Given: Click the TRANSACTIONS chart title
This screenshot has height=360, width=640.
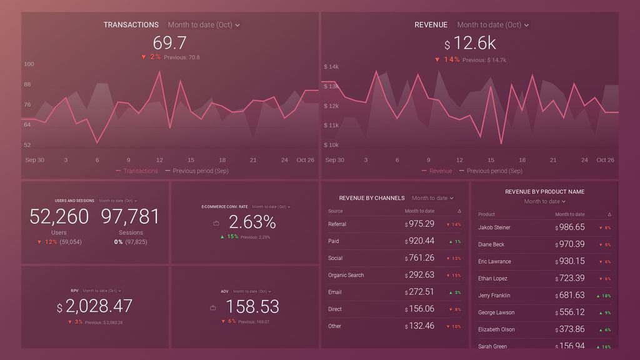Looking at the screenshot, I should pos(131,25).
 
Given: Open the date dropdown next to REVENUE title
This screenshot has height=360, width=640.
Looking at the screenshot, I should pos(493,25).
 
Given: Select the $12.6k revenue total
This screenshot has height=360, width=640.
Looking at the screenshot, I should pos(470,43).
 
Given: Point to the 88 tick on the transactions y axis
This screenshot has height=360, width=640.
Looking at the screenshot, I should pos(27,84).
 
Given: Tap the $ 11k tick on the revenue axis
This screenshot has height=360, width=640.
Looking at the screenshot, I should pos(331,126).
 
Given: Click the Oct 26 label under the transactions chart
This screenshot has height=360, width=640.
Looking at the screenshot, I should pos(305,160).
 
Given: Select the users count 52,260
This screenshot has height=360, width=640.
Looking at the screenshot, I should pos(59,217).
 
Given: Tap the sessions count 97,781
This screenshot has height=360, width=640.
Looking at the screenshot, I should pos(131,217).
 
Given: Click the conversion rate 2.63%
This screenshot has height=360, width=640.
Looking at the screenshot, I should pos(252,222).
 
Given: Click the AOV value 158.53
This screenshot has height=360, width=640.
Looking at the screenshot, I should pos(252,306).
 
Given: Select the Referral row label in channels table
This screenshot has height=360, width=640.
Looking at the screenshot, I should pos(337,224).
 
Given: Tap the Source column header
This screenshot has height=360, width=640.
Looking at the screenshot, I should pos(335,211).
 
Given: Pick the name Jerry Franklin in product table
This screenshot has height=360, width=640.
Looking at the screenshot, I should pos(494,296).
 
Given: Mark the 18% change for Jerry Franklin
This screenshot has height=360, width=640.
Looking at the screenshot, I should pos(604,296).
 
